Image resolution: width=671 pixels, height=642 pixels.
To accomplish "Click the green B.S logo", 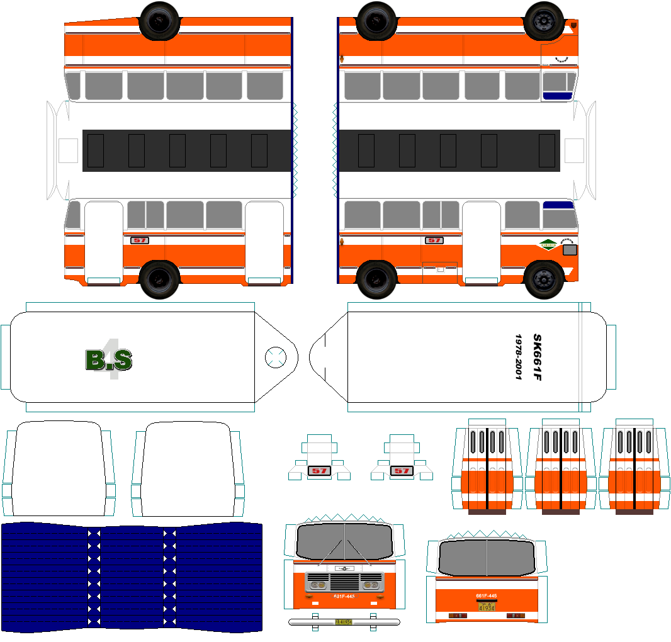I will point(108,359).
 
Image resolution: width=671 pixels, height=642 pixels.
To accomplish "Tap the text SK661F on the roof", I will point(537,357).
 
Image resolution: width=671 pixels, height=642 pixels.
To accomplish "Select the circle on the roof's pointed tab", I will point(275,357).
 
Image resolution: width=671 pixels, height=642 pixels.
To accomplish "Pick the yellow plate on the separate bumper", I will point(343,621).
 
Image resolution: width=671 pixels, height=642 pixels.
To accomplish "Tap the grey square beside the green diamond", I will point(570,249).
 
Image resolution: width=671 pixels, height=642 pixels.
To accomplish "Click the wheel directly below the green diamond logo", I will point(544,279).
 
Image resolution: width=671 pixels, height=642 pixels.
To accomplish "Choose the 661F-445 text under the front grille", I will point(344,597).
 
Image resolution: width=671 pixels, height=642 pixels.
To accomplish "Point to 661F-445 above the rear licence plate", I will point(487,595).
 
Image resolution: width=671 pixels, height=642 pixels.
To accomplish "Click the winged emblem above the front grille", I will point(344,568).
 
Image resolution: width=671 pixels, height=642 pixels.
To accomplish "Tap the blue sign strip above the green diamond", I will point(559,205).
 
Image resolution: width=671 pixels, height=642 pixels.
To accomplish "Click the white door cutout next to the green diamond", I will point(481,242).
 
